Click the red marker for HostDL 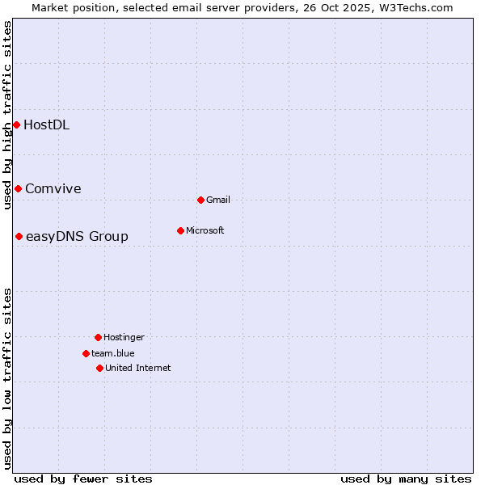coord(16,124)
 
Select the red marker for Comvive coord(18,188)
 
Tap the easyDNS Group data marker coord(19,236)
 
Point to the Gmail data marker coord(200,200)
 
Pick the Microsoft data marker coord(180,230)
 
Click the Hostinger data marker coord(98,337)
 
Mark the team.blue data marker coord(86,353)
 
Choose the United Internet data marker coord(99,368)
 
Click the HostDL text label coord(46,124)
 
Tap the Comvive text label coord(53,188)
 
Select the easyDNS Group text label coord(77,236)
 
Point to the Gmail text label coord(218,200)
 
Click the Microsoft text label coord(205,230)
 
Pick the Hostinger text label coord(124,337)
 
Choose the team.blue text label coord(113,353)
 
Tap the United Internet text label coord(137,368)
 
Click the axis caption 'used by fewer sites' coord(83,479)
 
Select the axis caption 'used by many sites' coord(406,479)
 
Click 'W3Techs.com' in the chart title coord(418,7)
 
